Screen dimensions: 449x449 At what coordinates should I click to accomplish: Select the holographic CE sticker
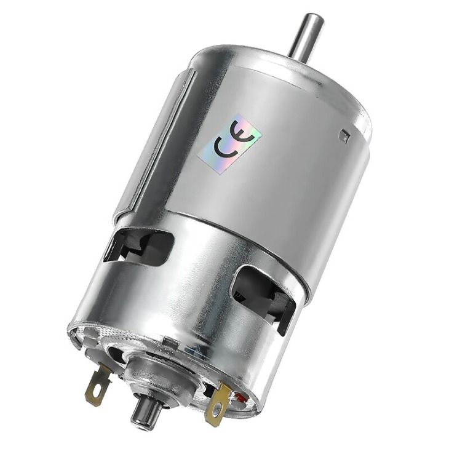pos(229,142)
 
